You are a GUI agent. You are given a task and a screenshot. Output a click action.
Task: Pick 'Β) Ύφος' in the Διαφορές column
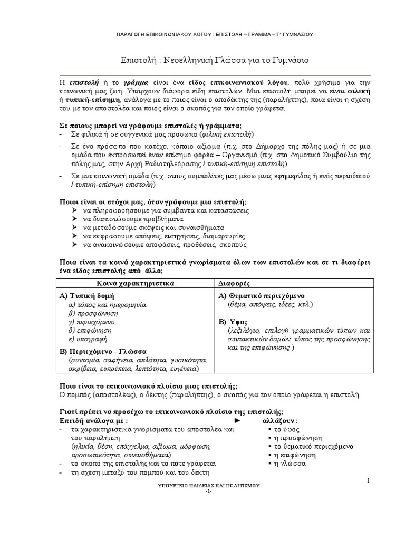coord(233,321)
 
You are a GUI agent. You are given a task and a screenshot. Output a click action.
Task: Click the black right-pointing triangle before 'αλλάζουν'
coord(237,421)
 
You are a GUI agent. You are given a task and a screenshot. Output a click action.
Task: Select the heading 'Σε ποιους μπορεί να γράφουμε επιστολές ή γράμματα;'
coord(149,126)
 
